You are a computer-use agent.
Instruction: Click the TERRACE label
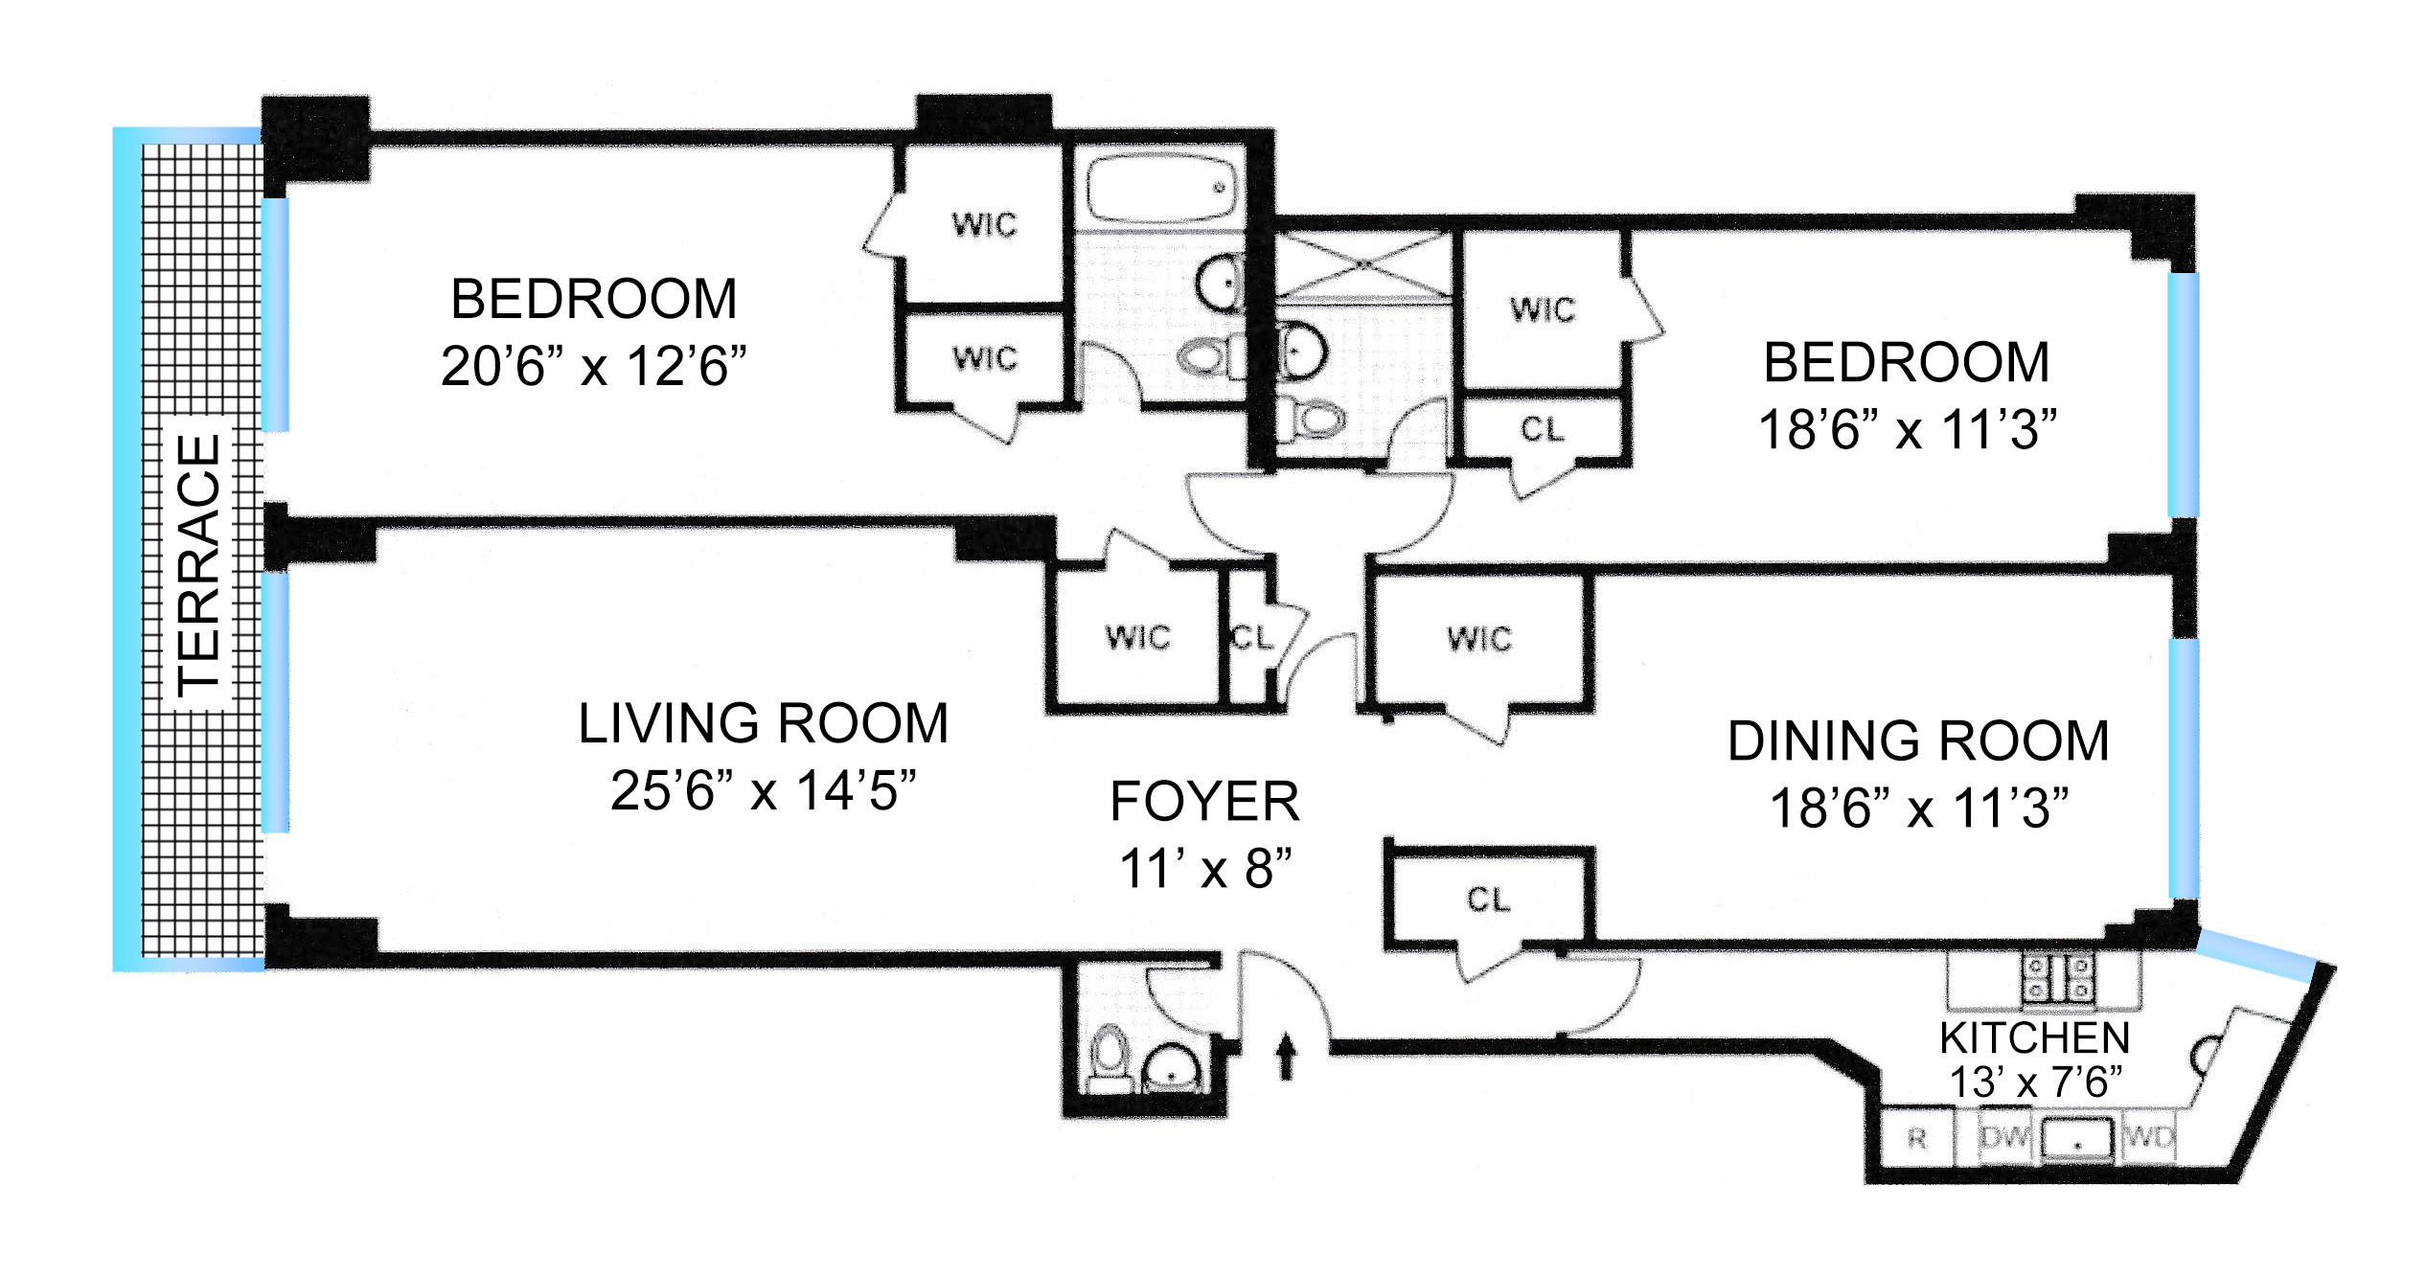(200, 565)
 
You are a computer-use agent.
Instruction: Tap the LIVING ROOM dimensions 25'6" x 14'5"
(763, 791)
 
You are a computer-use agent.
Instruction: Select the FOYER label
(1204, 802)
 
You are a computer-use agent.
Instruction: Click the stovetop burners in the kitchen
(2058, 978)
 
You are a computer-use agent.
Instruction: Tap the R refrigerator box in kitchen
(1916, 1138)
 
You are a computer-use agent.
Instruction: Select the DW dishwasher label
(2004, 1137)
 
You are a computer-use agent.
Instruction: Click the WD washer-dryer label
(2148, 1137)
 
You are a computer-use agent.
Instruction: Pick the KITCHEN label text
(2034, 1037)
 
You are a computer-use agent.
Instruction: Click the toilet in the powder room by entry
(1110, 1060)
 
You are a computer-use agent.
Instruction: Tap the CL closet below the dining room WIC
(1489, 899)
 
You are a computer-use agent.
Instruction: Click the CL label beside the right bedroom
(1543, 429)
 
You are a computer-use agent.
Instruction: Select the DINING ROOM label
(1918, 741)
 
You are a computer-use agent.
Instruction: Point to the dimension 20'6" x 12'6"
(593, 366)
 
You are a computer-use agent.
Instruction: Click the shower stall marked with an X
(1363, 263)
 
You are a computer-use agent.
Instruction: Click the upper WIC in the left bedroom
(984, 225)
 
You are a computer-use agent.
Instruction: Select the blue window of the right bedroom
(2183, 395)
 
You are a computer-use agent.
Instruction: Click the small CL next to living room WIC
(1250, 638)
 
